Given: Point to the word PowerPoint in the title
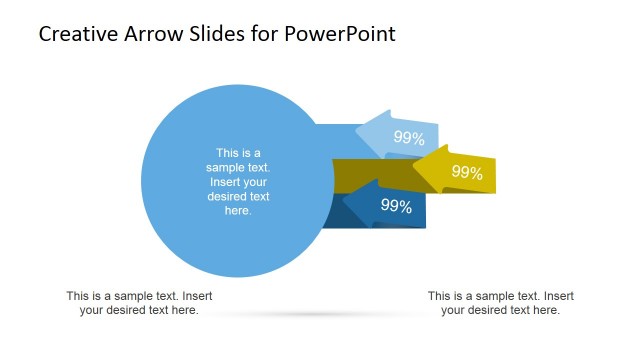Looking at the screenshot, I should tap(341, 34).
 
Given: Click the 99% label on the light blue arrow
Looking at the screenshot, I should tap(409, 138).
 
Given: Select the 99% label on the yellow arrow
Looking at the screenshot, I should tap(467, 172).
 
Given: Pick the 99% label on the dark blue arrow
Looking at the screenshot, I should tap(397, 206).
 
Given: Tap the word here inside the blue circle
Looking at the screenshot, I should tap(238, 211).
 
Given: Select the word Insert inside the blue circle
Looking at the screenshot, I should tap(226, 182).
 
